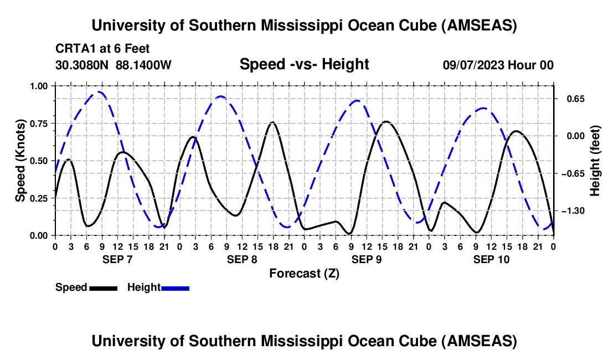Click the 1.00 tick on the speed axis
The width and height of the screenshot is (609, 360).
tap(39, 86)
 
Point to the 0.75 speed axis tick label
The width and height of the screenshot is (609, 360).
tap(39, 123)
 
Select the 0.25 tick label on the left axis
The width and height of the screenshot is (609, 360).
tap(39, 198)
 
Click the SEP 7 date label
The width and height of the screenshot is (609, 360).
tap(117, 259)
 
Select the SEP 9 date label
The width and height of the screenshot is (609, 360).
tap(367, 259)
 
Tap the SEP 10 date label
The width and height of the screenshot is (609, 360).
tap(491, 259)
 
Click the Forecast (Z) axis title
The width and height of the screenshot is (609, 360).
tap(304, 273)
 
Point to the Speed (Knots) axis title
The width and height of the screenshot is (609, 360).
tap(20, 161)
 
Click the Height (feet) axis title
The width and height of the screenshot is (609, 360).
tap(595, 161)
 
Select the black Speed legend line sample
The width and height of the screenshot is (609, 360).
tap(103, 288)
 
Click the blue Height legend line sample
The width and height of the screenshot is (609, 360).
tap(175, 288)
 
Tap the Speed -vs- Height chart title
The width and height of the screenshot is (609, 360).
tap(304, 64)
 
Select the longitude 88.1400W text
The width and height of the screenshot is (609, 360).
tap(144, 65)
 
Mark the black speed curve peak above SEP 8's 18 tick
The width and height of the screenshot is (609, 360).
tap(272, 122)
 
